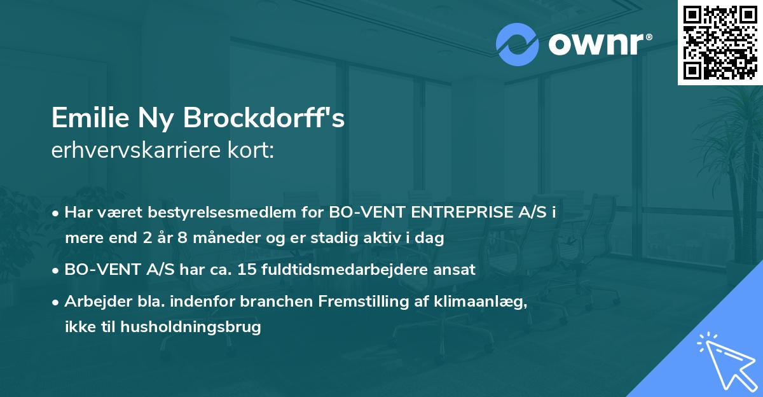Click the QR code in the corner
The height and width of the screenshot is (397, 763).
click(x=720, y=42)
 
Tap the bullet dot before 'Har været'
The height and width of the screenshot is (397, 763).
click(x=57, y=213)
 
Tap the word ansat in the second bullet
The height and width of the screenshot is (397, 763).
click(x=457, y=269)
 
